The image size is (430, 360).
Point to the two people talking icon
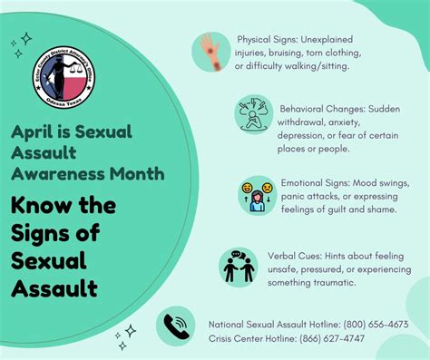[238, 267]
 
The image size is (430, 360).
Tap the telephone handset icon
[175, 329]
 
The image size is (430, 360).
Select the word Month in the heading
[135, 172]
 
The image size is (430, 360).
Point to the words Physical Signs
[266, 40]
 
